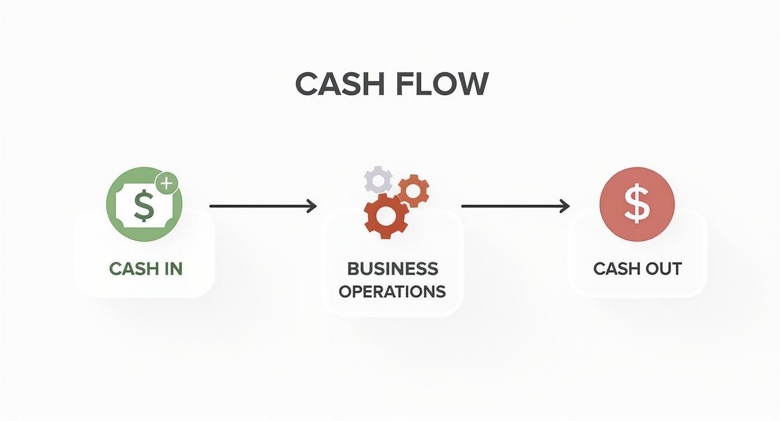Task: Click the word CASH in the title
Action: [339, 84]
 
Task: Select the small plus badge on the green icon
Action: [166, 183]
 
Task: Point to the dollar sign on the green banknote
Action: [144, 205]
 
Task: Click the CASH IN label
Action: [146, 269]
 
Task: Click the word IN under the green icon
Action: [171, 269]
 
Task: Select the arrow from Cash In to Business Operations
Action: [262, 206]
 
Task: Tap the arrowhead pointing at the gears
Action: [312, 206]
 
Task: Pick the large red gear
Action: [386, 216]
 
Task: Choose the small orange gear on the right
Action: [414, 191]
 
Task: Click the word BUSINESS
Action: [392, 269]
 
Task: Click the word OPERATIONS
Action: [392, 291]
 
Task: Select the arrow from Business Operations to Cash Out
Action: [515, 206]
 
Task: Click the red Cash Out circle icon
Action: [637, 204]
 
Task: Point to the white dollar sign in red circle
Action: [637, 204]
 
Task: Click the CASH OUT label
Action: [637, 269]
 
